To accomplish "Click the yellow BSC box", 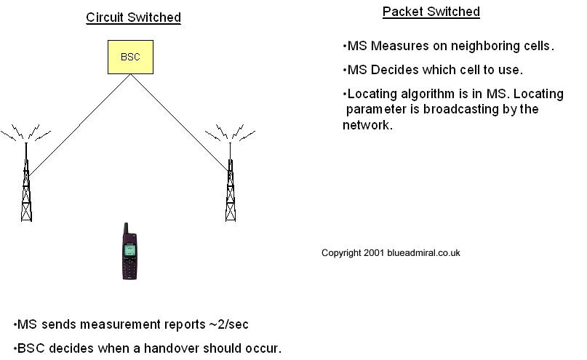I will tap(130, 57).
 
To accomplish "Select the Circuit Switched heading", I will tap(133, 17).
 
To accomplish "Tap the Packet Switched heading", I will tap(431, 12).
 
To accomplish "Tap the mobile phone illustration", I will tap(129, 252).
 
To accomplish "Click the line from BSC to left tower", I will tap(80, 124).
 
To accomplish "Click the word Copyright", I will tap(341, 253).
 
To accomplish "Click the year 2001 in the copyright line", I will tap(375, 253).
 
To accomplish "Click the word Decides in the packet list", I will tap(391, 71).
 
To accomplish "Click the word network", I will tap(368, 125).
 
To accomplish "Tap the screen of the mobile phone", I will tap(129, 249).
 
